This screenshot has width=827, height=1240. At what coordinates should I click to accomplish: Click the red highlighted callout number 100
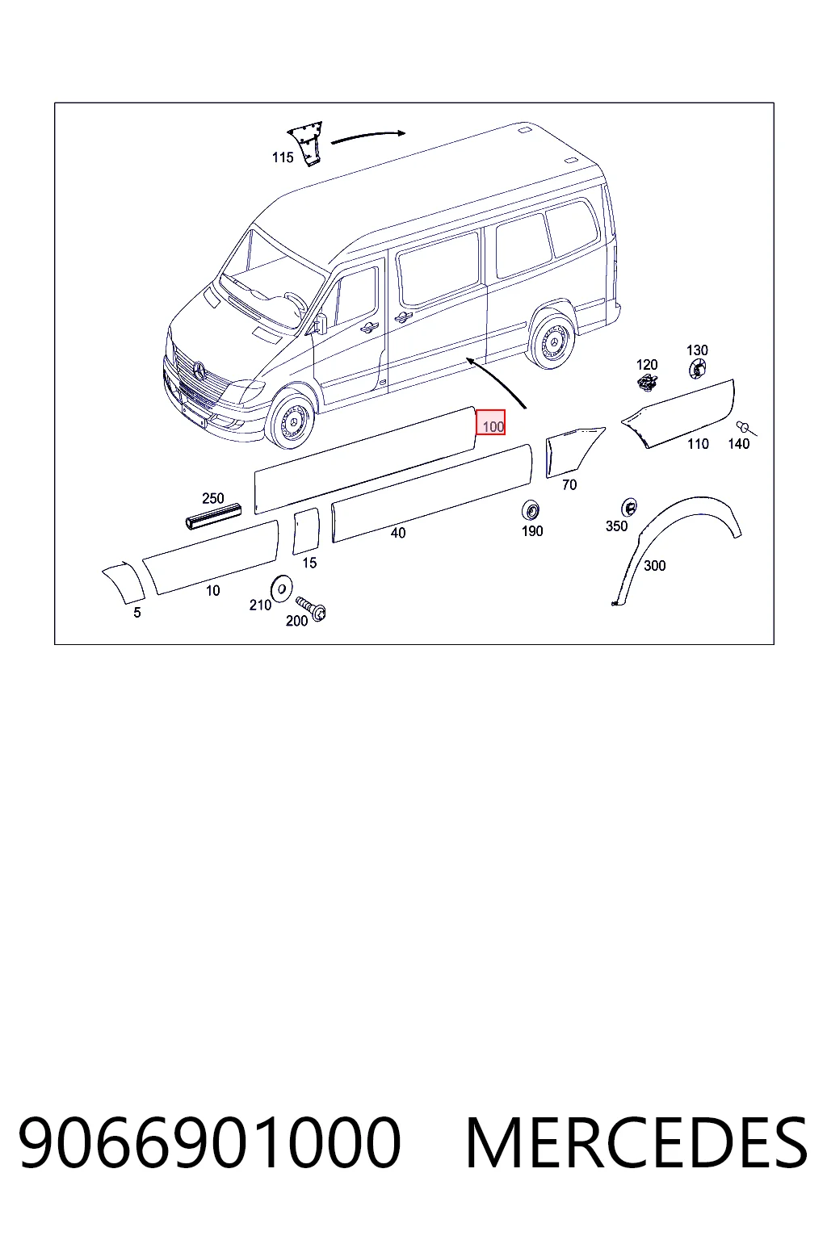[491, 422]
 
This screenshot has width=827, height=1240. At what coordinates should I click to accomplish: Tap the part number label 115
[283, 157]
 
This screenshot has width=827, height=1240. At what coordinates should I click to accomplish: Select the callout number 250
[213, 498]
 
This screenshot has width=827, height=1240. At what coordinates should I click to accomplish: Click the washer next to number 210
[281, 589]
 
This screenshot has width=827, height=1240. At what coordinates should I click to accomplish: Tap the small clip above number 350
[628, 506]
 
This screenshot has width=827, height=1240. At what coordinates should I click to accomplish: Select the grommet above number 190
[531, 510]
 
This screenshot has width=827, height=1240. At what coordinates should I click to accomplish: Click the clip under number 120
[647, 383]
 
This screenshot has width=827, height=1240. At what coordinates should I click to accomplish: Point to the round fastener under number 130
[698, 368]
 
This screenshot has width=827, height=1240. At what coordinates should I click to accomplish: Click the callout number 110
[698, 444]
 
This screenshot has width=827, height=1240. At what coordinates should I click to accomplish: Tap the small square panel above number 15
[306, 531]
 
